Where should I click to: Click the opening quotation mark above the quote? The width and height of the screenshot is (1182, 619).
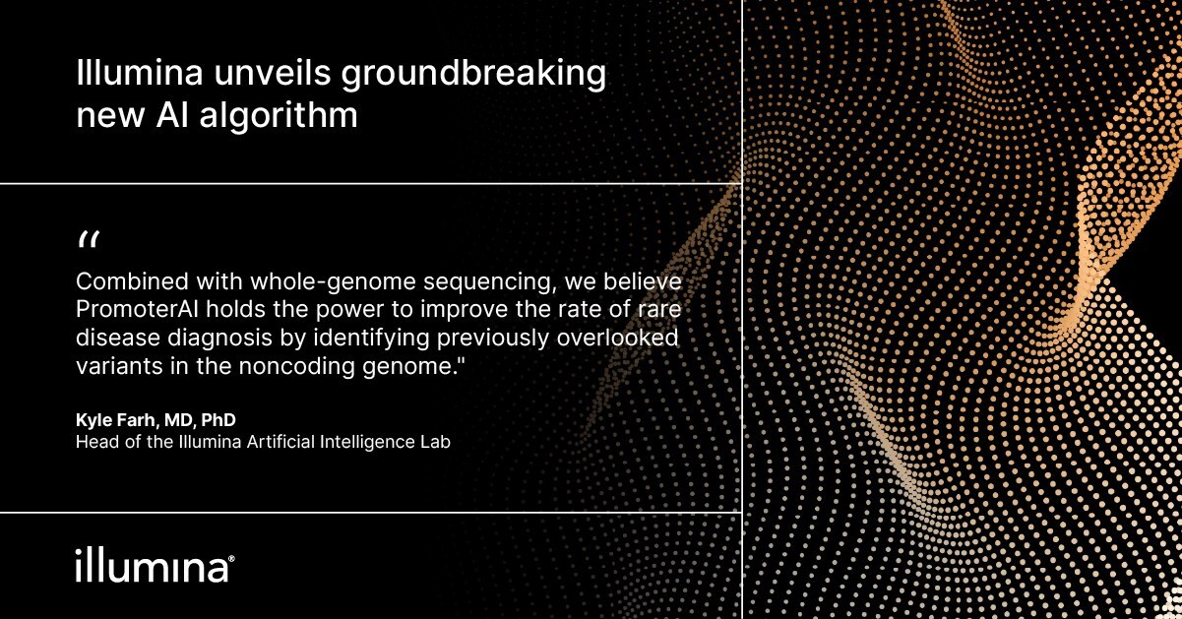coord(88,240)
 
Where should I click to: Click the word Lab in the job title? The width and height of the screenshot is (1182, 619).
coord(434,442)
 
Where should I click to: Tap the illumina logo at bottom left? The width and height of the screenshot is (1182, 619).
coord(154,567)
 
